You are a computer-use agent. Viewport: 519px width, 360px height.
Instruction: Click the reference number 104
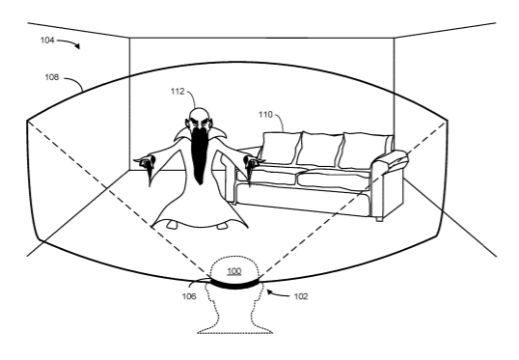click(47, 41)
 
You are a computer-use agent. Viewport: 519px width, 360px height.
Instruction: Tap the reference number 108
click(52, 77)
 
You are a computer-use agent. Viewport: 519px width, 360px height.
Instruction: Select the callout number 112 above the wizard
click(178, 91)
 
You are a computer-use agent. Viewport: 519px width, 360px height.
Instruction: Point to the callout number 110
click(265, 115)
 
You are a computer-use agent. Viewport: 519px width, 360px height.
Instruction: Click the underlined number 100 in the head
click(234, 271)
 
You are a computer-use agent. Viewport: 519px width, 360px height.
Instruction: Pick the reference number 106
click(189, 296)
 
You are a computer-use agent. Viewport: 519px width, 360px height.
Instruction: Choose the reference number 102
click(301, 296)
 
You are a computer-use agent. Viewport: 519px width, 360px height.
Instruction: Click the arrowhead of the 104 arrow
click(77, 46)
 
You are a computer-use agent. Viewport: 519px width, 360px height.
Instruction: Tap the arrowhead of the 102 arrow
click(270, 292)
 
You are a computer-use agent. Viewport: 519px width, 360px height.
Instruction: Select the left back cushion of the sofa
click(281, 148)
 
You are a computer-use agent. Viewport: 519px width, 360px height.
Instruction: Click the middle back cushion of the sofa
click(320, 149)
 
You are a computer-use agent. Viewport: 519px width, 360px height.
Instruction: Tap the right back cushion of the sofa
click(366, 151)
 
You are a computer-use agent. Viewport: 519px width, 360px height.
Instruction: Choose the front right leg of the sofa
click(380, 218)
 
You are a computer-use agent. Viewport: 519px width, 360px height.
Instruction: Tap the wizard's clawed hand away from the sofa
click(146, 166)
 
